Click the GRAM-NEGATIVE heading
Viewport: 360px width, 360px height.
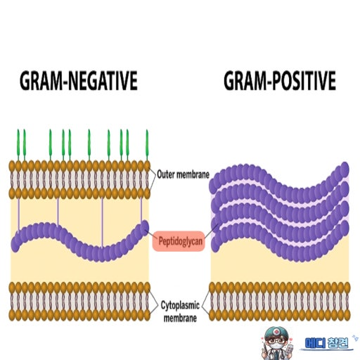coord(79,81)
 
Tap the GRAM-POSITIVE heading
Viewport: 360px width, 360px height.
coord(280,81)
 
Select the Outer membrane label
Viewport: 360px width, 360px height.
coord(183,174)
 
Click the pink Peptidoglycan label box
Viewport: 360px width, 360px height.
coord(179,241)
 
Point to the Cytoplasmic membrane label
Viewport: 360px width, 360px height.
coord(180,311)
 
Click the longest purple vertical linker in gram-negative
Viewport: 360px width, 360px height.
coord(102,223)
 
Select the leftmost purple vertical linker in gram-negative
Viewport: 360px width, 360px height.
coord(19,214)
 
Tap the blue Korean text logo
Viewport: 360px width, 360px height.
coord(326,343)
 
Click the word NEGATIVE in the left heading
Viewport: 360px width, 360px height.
coord(104,81)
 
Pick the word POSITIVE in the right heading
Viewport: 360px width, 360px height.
coord(304,81)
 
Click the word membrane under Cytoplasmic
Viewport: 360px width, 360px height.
coord(180,318)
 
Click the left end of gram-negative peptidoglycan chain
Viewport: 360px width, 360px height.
coord(15,245)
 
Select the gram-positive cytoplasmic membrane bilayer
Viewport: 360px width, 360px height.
coord(279,302)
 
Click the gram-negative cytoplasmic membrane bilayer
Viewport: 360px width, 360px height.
coord(79,302)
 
